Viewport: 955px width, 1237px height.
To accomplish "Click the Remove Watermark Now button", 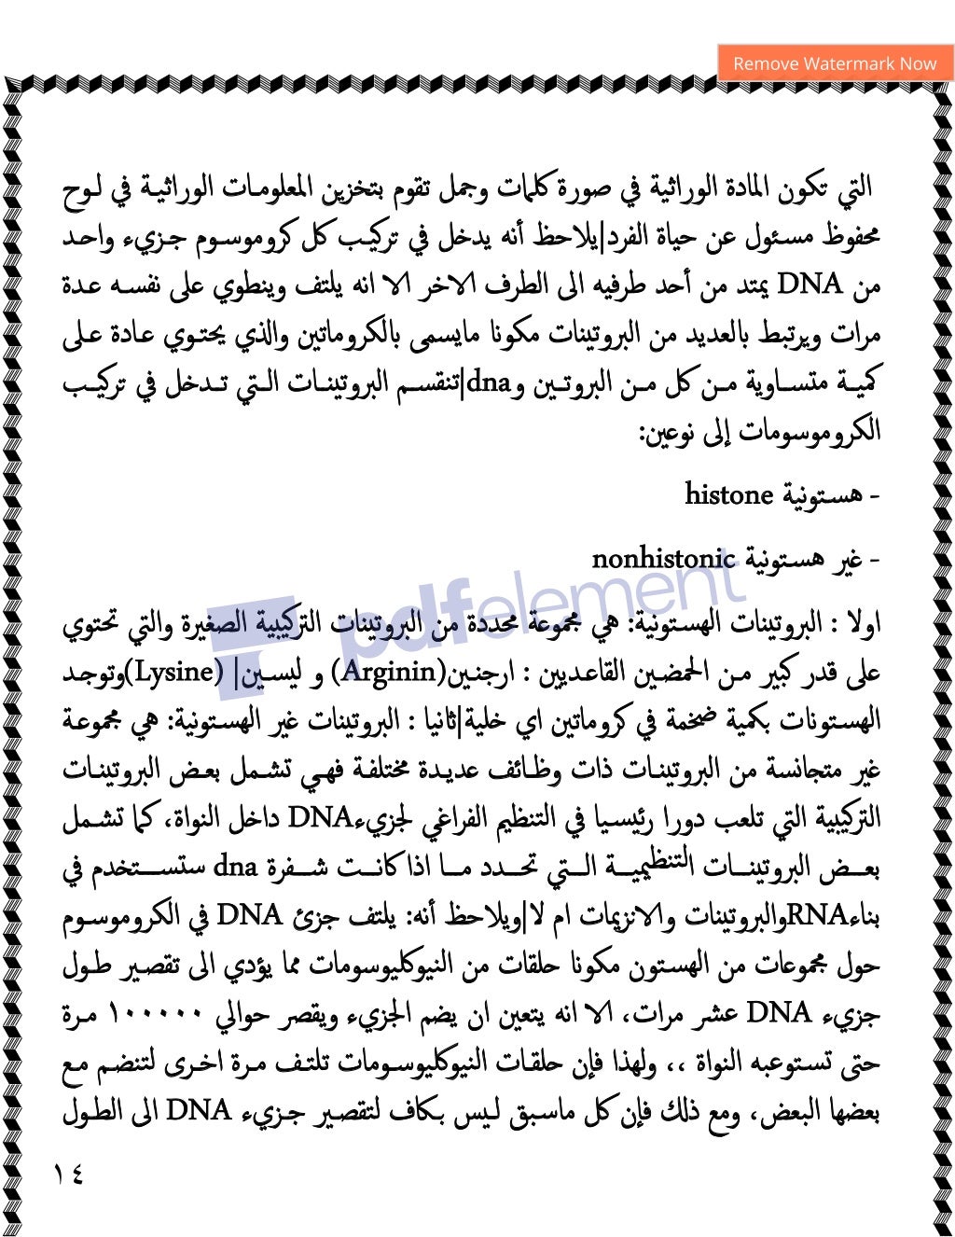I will tap(835, 63).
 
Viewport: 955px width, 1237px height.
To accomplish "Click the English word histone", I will tap(729, 494).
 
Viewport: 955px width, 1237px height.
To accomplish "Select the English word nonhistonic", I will tap(663, 559).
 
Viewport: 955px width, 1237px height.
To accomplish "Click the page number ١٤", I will tap(68, 1174).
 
